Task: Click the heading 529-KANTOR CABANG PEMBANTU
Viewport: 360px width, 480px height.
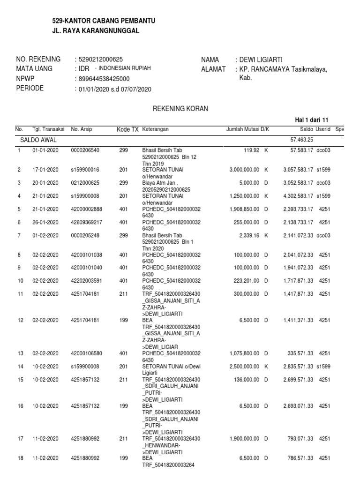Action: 103,21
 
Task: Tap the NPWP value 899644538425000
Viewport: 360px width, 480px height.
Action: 104,79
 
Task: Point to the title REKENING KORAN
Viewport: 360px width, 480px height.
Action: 180,109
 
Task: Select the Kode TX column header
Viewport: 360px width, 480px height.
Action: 127,129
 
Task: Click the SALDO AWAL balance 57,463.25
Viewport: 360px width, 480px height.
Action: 302,140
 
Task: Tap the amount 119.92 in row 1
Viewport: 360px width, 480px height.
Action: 251,150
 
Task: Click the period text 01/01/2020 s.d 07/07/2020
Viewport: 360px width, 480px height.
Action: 115,89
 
